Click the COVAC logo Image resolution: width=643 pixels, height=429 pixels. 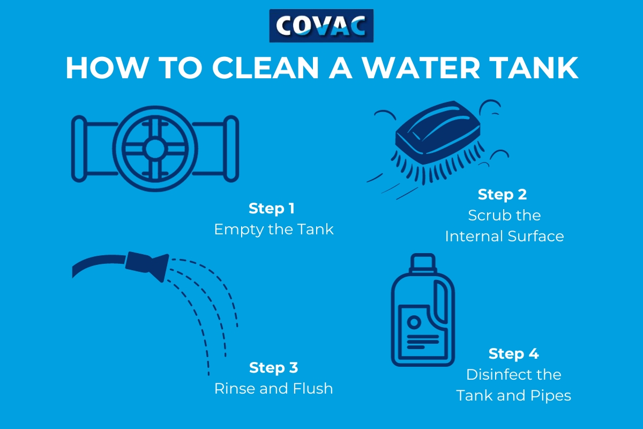321,26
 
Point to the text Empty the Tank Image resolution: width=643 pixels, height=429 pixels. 273,230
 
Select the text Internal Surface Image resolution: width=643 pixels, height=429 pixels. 504,236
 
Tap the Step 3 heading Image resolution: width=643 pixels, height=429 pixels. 273,367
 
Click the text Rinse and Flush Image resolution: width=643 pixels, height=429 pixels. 273,388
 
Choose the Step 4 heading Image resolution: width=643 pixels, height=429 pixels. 513,354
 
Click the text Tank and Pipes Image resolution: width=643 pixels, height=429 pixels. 513,396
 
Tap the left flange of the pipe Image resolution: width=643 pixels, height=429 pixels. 79,148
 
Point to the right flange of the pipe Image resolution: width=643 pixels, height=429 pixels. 231,148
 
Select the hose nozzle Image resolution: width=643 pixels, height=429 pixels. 146,264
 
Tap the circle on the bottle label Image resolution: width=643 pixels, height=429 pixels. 414,322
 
